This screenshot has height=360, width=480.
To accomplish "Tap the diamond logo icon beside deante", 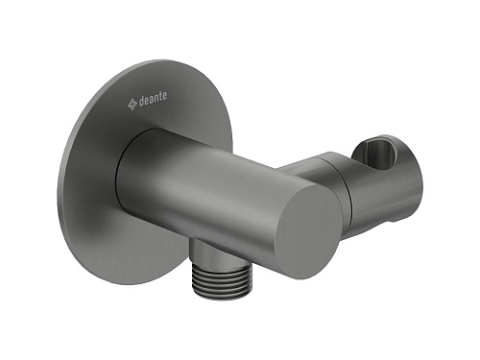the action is pos(132,105).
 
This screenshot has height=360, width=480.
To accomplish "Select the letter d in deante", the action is pos(141,101).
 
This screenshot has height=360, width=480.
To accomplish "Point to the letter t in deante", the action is pos(159,96).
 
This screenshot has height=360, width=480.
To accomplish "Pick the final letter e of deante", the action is pos(164,96).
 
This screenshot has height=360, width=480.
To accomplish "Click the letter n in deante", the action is pos(156,98).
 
